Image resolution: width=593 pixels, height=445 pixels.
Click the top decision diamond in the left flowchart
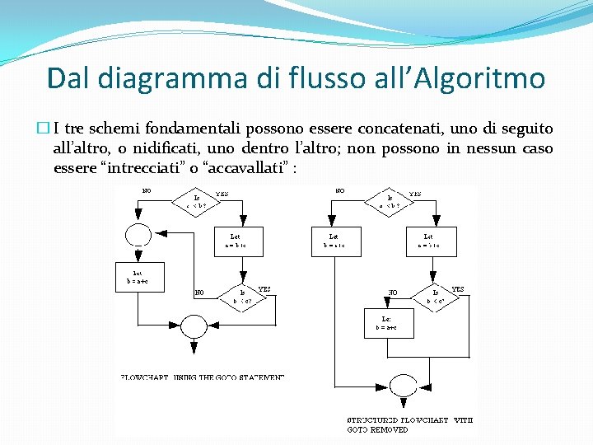point(197,201)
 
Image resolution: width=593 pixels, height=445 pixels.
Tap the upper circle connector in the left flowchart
point(138,233)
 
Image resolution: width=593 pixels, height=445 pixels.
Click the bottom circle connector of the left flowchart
point(194,326)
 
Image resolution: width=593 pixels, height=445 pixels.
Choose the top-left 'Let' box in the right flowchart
point(334,241)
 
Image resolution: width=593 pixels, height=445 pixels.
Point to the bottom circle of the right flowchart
point(403,385)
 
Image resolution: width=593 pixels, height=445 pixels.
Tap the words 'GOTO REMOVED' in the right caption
point(377,429)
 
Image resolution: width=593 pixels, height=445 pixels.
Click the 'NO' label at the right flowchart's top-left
point(339,191)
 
